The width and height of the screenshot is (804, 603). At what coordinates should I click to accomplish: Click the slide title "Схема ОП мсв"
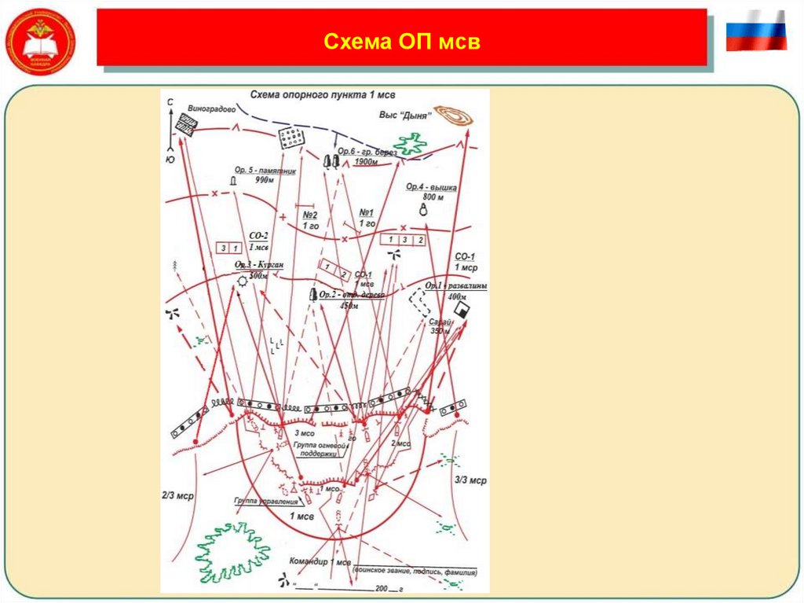coord(401,41)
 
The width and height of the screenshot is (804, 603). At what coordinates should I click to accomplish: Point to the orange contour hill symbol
coord(455,116)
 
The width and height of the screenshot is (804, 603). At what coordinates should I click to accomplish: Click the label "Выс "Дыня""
coord(407,115)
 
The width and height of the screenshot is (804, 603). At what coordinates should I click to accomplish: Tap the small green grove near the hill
coord(410,144)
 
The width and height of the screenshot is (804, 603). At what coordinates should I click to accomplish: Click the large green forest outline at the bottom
coord(232,550)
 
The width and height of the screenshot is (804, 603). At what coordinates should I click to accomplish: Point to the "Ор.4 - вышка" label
coord(432,186)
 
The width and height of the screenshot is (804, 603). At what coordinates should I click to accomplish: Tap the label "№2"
coord(309,215)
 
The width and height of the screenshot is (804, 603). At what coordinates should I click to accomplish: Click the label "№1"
coord(366,213)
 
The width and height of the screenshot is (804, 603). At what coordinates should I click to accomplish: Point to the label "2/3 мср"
coord(177,496)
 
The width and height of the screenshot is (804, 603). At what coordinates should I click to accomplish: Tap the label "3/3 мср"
coord(471,480)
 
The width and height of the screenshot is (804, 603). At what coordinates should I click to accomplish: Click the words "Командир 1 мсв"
coord(317,563)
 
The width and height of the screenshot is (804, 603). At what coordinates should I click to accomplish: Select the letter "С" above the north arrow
coord(170,103)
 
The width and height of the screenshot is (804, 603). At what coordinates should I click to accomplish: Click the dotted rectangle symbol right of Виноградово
coord(291,138)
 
